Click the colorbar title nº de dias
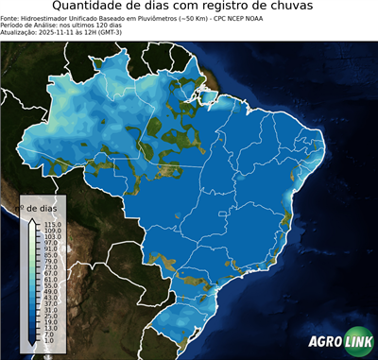coord(42,207)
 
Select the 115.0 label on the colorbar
coord(52,224)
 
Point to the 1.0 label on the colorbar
coord(49,341)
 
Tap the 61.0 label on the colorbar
coord(51,280)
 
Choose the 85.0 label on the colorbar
coord(51,255)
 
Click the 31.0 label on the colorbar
coord(51,311)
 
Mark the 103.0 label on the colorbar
coord(52,236)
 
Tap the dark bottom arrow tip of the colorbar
coord(32,349)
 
